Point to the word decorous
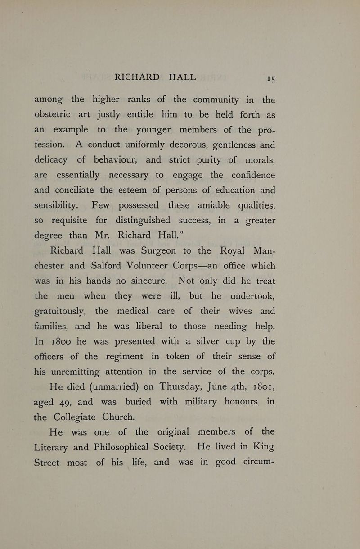(186, 145)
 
